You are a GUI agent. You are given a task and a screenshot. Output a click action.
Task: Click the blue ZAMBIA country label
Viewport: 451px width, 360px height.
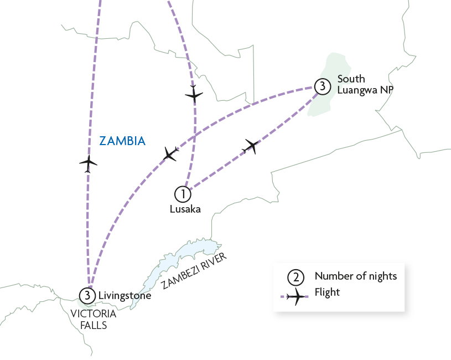[122, 141]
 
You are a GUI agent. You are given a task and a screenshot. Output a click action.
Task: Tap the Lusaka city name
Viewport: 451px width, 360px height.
[185, 209]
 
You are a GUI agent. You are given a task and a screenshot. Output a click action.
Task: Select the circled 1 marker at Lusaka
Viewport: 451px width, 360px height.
[183, 194]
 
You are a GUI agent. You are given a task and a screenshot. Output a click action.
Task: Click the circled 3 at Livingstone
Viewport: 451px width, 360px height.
[87, 296]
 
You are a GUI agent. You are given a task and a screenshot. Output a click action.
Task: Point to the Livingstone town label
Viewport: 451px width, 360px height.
[125, 296]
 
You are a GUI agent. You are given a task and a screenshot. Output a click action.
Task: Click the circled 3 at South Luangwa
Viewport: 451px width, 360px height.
[322, 86]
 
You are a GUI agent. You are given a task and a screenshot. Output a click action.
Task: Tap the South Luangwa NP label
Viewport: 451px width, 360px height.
[365, 84]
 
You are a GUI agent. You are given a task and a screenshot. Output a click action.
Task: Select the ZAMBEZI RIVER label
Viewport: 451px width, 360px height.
[194, 271]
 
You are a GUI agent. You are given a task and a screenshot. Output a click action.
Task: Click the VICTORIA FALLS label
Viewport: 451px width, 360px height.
[94, 319]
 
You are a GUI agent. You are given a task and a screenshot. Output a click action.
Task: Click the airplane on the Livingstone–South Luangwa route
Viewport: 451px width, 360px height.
[170, 153]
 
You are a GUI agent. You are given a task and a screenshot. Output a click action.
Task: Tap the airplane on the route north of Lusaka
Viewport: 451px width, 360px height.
[194, 94]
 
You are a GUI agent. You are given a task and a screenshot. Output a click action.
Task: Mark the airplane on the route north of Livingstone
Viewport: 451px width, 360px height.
[88, 163]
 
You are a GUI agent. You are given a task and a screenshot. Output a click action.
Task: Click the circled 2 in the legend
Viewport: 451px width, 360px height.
[296, 277]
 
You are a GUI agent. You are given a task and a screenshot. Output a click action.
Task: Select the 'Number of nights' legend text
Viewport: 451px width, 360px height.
[356, 276]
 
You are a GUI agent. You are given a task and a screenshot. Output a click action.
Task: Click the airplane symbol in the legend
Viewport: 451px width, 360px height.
[296, 296]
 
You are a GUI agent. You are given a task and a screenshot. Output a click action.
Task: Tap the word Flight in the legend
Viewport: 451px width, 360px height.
[327, 292]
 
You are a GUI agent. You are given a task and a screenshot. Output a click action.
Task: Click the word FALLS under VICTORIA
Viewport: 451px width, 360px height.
[94, 325]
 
